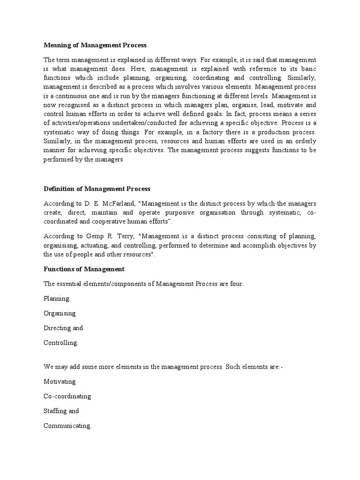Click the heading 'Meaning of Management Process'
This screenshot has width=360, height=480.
pos(95,45)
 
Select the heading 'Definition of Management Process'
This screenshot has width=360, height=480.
pos(97,189)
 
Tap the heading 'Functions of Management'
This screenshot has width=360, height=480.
pos(84,269)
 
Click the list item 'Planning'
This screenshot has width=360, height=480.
pos(56,299)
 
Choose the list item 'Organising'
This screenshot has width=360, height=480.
pos(60,313)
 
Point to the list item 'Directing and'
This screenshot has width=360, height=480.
pos(63,328)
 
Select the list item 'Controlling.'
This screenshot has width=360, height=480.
pos(61,343)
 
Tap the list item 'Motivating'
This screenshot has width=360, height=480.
pos(60,382)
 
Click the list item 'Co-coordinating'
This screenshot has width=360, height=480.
pos(67,396)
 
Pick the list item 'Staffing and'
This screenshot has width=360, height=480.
pos(61,411)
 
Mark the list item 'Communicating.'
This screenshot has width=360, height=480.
pos(67,426)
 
